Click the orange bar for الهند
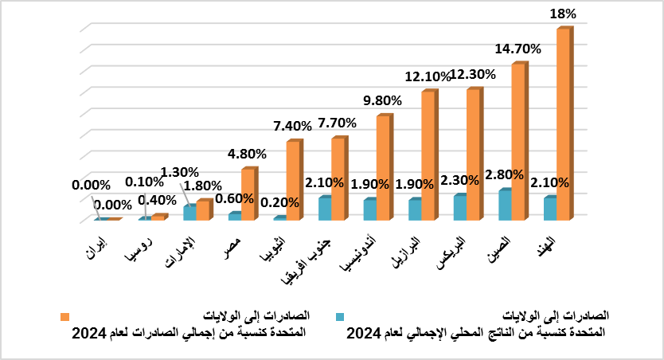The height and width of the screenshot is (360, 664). coord(563,123)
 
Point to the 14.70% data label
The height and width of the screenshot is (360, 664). coord(518,49)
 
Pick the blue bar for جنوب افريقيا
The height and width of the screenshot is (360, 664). coord(325,208)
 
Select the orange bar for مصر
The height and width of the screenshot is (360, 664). coord(248,194)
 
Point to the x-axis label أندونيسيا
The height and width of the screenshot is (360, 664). coord(354,260)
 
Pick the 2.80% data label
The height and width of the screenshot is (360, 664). coord(503,174)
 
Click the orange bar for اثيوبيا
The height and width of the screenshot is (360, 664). coord(293,180)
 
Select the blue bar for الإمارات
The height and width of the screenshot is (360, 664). coord(189,212)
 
